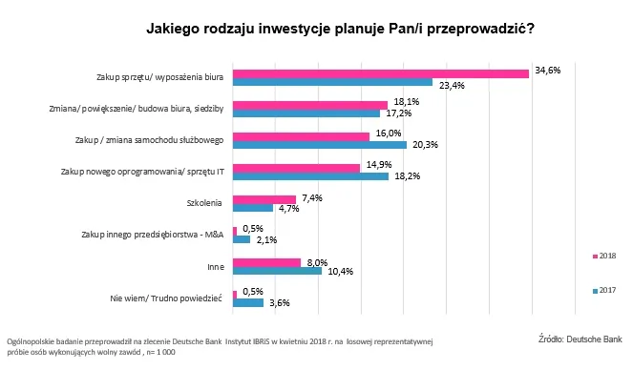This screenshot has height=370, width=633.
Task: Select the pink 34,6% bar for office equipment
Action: tap(381, 72)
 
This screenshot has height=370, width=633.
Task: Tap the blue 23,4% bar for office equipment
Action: tap(333, 83)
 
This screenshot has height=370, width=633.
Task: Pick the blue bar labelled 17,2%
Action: tap(306, 114)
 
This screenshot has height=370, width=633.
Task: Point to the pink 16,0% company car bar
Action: tap(302, 135)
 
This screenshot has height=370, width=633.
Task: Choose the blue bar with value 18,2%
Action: tap(311, 176)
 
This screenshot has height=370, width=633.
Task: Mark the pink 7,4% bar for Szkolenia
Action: tap(264, 198)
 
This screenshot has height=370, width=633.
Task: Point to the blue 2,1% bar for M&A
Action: tap(242, 239)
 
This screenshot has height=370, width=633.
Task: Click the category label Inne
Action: tap(215, 266)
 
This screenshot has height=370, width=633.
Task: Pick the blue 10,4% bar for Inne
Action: tap(278, 271)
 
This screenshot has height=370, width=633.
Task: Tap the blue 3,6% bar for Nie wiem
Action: tap(248, 302)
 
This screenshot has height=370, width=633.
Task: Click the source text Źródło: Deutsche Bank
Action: tap(580, 338)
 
